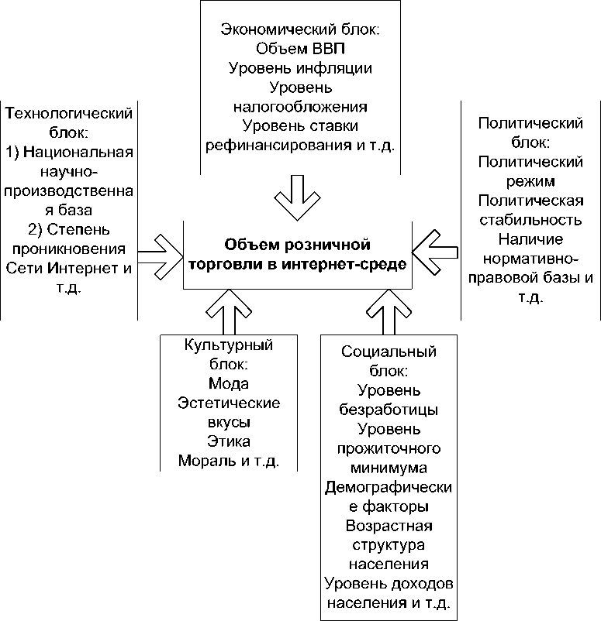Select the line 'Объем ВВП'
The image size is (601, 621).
pyautogui.click(x=301, y=49)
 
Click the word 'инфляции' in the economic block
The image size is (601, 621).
pyautogui.click(x=336, y=67)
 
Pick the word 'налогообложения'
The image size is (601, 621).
pyautogui.click(x=301, y=105)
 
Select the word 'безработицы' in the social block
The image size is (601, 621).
pyautogui.click(x=389, y=409)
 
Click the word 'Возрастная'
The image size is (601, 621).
pyautogui.click(x=389, y=526)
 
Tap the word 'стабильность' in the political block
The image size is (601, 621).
pyautogui.click(x=531, y=220)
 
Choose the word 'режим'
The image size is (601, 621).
pyautogui.click(x=531, y=182)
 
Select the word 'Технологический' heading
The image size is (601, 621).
pyautogui.click(x=69, y=113)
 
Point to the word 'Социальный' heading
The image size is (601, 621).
pyautogui.click(x=389, y=352)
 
